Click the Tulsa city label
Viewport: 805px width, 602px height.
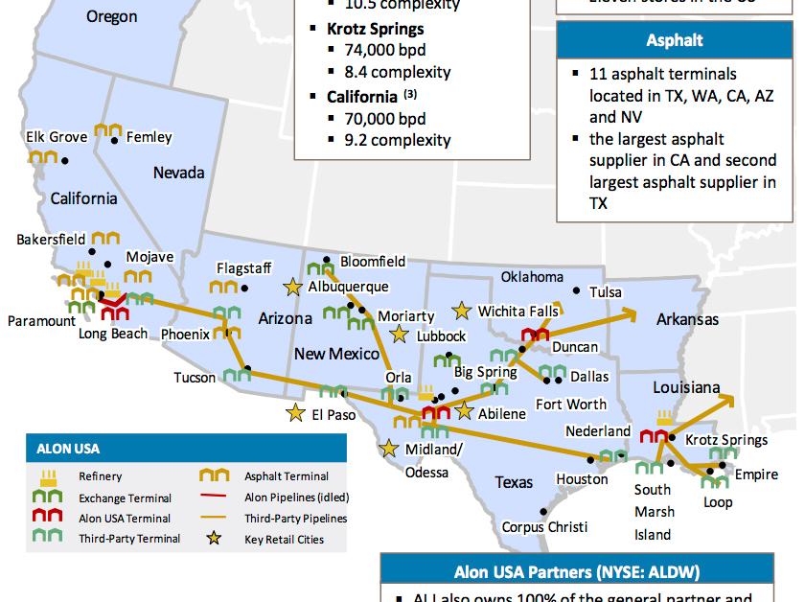(606, 292)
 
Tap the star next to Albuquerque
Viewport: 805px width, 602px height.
(292, 286)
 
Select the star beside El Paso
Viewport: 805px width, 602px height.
(295, 414)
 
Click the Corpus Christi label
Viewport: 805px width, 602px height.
(545, 527)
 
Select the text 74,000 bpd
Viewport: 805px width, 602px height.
(383, 51)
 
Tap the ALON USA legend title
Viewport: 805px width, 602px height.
(68, 447)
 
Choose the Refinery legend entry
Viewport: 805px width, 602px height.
(100, 476)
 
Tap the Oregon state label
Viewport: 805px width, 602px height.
(111, 16)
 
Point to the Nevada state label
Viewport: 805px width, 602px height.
(178, 173)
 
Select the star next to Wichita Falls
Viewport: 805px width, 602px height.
(462, 311)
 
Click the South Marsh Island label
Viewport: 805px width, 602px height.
(653, 512)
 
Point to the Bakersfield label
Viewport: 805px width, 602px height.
(51, 239)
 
